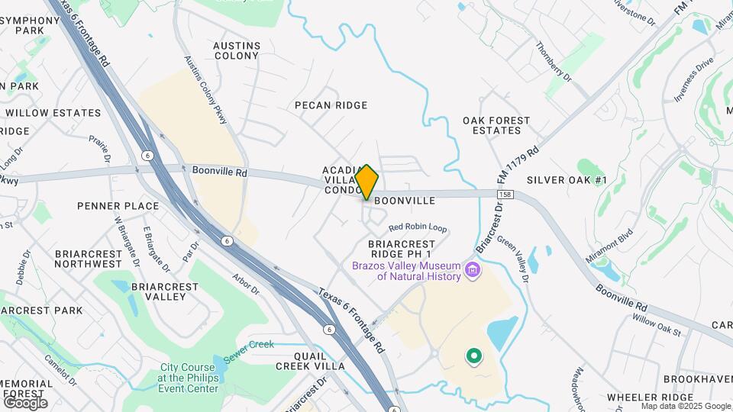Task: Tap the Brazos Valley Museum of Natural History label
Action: click(406, 271)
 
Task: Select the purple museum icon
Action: click(473, 269)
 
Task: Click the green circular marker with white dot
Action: click(474, 356)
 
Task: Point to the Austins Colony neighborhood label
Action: click(237, 50)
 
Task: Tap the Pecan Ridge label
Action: click(331, 105)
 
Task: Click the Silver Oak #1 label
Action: click(567, 180)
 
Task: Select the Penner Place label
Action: click(118, 206)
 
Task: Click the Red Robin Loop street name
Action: click(418, 227)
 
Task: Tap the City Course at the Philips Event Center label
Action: click(189, 378)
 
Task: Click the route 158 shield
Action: click(508, 195)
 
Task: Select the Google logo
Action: click(25, 402)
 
